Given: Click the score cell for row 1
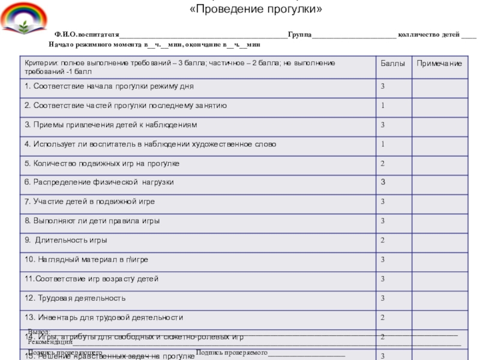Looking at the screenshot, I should (382, 86).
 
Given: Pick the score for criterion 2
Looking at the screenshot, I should (382, 106).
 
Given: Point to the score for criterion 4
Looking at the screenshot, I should (382, 144).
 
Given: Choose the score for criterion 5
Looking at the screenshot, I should (382, 163).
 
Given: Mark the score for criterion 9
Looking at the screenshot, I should (382, 240).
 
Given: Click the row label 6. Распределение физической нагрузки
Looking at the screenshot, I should (100, 182).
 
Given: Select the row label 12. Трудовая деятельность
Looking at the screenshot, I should (75, 298).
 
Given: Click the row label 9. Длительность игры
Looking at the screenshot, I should (66, 240).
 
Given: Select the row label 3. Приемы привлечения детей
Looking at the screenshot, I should (111, 125).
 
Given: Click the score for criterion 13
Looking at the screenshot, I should (382, 317).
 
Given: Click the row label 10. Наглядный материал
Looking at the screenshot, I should (86, 259).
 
